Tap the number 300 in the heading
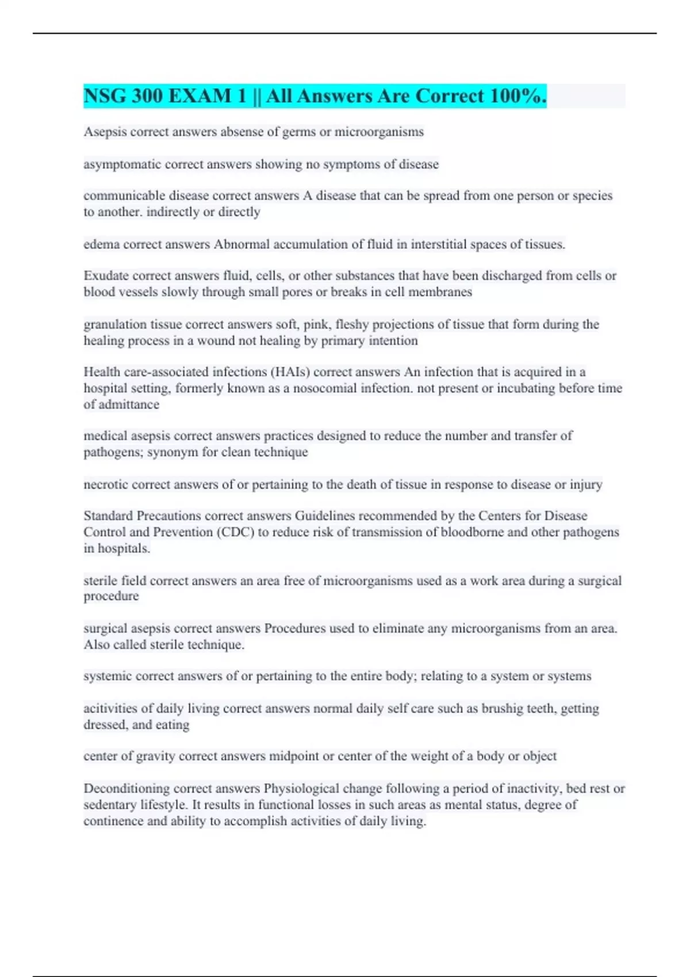147,96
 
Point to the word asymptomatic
122,164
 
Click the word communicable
124,196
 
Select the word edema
101,244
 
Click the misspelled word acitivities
110,709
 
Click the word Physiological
301,788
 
